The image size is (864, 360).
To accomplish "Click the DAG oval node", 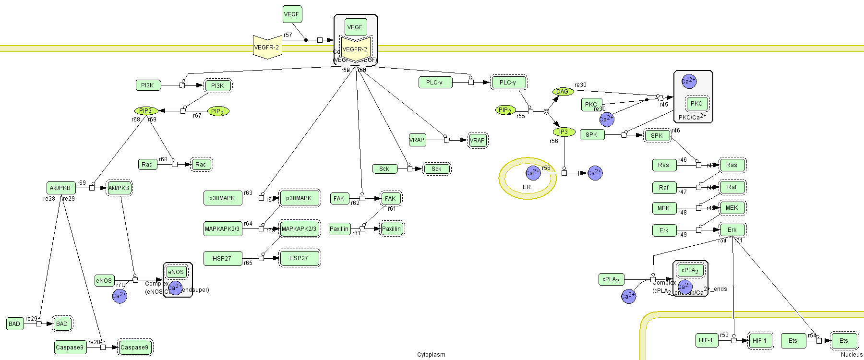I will click(x=563, y=92).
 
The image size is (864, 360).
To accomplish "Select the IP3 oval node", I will click(x=564, y=132).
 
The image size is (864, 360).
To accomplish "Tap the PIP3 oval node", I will click(x=145, y=111).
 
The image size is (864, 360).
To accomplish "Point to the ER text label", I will click(x=527, y=187).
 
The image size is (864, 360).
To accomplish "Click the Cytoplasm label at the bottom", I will click(x=431, y=355).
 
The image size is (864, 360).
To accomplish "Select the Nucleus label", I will click(x=852, y=355).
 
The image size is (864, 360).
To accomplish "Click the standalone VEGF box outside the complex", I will click(x=292, y=14).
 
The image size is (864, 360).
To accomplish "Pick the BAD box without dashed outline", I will click(x=14, y=324).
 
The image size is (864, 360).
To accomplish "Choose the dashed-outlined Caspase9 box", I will click(x=134, y=347).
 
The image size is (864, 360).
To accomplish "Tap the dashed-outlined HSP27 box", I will click(x=299, y=258).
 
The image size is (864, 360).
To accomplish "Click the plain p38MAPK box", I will click(x=222, y=198).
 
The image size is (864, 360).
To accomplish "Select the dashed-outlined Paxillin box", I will click(x=392, y=229).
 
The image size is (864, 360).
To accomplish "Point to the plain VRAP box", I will click(x=417, y=140).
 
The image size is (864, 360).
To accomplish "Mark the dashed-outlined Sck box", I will click(x=436, y=169).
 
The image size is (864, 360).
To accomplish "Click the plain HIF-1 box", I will click(x=706, y=340).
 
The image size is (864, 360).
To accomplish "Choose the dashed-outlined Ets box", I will click(x=843, y=341).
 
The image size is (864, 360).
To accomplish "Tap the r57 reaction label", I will click(x=288, y=35).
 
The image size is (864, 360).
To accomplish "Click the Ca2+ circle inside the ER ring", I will click(x=533, y=173).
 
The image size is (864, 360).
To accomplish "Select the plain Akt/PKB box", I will click(x=60, y=188).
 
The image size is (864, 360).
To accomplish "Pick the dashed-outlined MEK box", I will click(x=732, y=208).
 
